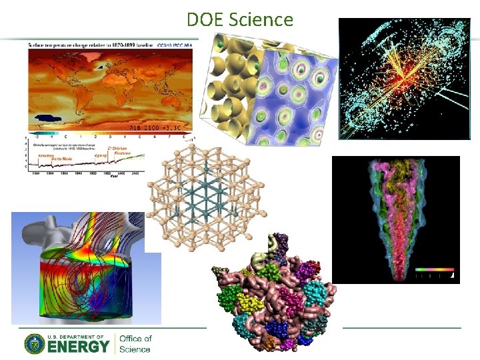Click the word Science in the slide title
(x=260, y=20)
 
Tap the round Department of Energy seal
(x=35, y=343)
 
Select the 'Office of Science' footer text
(x=135, y=343)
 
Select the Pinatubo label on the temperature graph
(x=123, y=154)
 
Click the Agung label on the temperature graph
(x=101, y=155)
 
